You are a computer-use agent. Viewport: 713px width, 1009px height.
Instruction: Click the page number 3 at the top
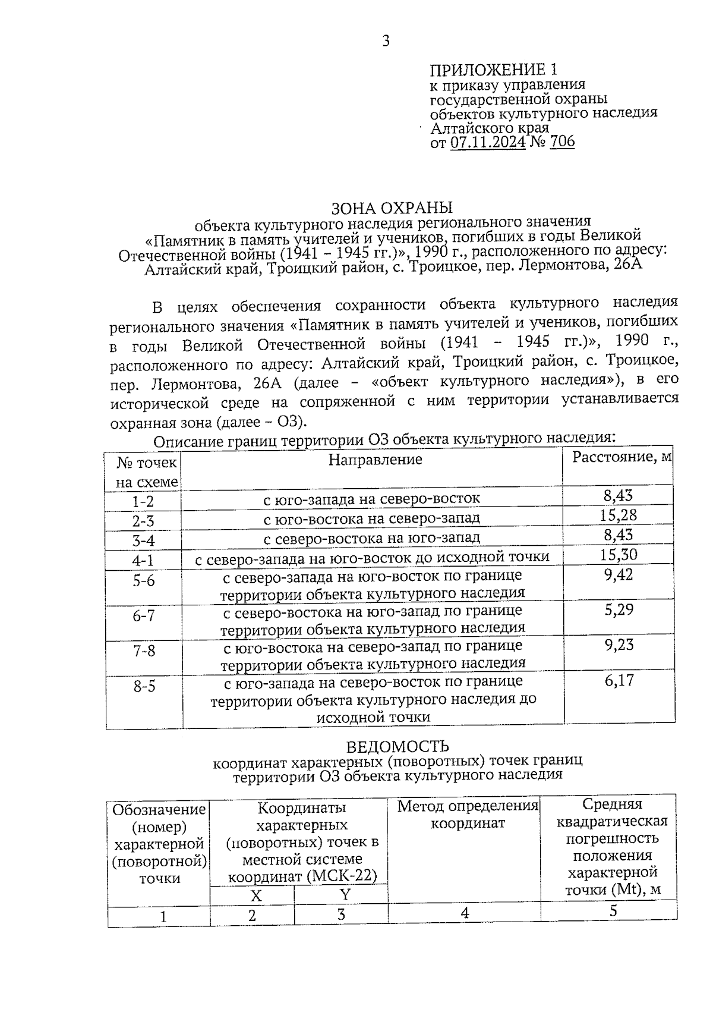(386, 41)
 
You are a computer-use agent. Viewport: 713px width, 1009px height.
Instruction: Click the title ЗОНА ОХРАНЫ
(392, 208)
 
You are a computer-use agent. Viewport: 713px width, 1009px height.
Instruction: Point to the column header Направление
(375, 459)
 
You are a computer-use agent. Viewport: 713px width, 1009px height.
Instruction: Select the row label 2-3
(143, 521)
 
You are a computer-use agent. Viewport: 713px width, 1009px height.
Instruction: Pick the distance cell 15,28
(618, 515)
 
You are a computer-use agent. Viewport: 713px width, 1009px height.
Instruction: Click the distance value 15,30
(618, 555)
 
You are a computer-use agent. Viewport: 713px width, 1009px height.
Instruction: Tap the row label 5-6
(143, 580)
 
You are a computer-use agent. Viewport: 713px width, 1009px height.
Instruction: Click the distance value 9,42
(619, 575)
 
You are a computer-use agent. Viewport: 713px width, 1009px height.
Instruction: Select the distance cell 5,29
(619, 609)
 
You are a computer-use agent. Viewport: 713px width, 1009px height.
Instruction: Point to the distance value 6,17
(619, 680)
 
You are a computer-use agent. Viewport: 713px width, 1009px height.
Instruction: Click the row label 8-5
(144, 686)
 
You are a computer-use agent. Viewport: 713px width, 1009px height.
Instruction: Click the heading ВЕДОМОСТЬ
(397, 746)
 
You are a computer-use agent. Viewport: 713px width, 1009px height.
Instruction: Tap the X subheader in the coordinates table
(255, 895)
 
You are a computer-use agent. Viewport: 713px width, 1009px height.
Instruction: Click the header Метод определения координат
(467, 815)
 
